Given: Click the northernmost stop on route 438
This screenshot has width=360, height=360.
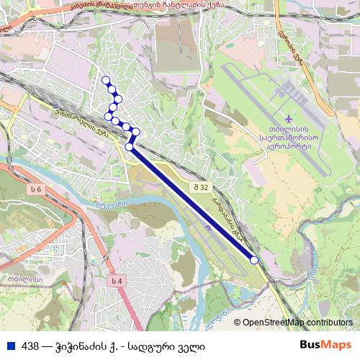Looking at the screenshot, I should click(x=106, y=81).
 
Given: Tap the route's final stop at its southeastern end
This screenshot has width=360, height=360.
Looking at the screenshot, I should click(x=253, y=260).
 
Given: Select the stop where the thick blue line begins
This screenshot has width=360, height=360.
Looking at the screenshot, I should click(x=130, y=147).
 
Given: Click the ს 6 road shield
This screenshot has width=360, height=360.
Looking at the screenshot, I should click(x=37, y=189).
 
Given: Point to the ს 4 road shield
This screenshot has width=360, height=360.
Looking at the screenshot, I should click(x=117, y=280).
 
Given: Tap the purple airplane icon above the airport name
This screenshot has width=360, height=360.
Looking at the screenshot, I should click(x=289, y=117).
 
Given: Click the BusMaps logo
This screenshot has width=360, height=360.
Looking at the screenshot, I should click(x=325, y=345).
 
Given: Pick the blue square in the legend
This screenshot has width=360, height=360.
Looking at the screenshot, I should click(x=12, y=346).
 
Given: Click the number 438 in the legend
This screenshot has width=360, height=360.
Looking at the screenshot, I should click(x=30, y=346).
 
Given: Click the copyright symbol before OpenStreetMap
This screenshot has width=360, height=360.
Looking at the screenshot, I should click(x=237, y=323).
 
